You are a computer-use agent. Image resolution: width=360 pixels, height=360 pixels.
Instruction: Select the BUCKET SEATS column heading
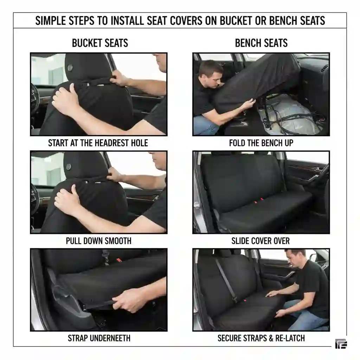pyautogui.click(x=100, y=43)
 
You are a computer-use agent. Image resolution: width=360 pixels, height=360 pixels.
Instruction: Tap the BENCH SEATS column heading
pyautogui.click(x=261, y=43)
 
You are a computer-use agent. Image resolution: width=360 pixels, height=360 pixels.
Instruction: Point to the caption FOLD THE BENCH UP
pyautogui.click(x=261, y=143)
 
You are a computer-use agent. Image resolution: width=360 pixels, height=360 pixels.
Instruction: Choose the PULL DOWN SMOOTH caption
pyautogui.click(x=99, y=241)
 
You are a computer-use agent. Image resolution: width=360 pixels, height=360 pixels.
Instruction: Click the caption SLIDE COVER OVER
pyautogui.click(x=261, y=241)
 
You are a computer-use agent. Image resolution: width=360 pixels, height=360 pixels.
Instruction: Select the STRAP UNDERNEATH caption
pyautogui.click(x=99, y=338)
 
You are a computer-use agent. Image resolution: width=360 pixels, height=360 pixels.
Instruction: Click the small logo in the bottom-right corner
pyautogui.click(x=341, y=344)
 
